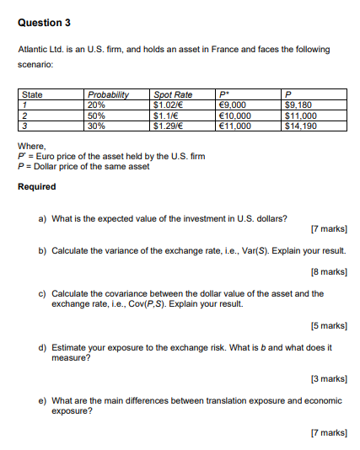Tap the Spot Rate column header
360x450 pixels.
pyautogui.click(x=172, y=94)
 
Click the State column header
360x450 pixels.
pyautogui.click(x=32, y=94)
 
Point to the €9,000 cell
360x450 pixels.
pyautogui.click(x=232, y=104)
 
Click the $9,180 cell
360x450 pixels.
pyautogui.click(x=302, y=104)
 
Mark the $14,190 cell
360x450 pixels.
pyautogui.click(x=304, y=125)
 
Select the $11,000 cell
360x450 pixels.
pyautogui.click(x=304, y=115)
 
